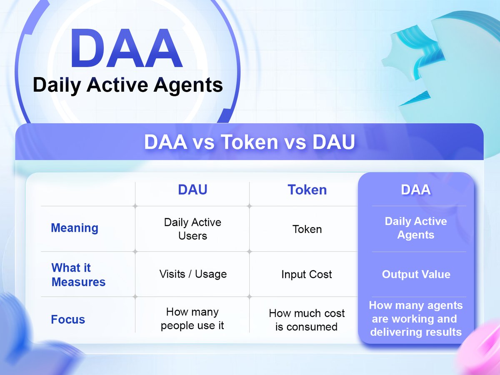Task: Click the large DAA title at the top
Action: [x=127, y=48]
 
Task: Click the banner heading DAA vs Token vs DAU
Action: [x=250, y=142]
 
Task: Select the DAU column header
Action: [x=193, y=190]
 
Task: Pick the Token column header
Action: [x=307, y=190]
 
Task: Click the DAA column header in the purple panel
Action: [x=416, y=190]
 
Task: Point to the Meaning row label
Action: [x=75, y=228]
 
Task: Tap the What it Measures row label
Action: [x=78, y=275]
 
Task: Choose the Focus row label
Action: [x=68, y=319]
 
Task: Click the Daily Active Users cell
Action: [x=193, y=229]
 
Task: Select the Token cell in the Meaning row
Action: [x=307, y=229]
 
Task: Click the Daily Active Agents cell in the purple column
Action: [x=416, y=228]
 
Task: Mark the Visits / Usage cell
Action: [x=193, y=274]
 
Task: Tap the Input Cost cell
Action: [x=307, y=274]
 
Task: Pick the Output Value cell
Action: [x=416, y=274]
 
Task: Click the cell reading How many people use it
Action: [x=192, y=319]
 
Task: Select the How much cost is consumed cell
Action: [x=307, y=320]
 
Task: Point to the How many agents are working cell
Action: [x=416, y=318]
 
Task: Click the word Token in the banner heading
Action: [x=250, y=142]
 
